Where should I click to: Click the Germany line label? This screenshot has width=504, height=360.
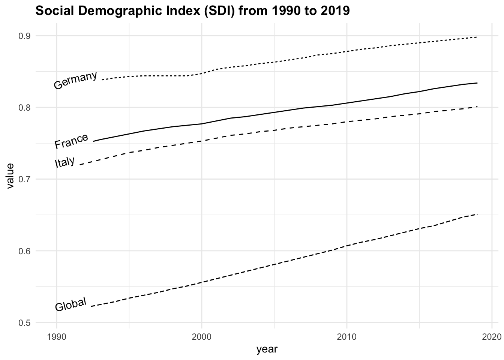[x=75, y=81]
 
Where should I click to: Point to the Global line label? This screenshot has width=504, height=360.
[x=71, y=304]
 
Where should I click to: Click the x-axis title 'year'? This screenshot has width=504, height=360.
[x=267, y=349]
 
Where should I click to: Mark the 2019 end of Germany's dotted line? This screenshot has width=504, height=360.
[x=477, y=37]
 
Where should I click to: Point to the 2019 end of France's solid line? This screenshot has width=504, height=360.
[x=477, y=83]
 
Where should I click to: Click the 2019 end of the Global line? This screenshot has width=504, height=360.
[x=477, y=214]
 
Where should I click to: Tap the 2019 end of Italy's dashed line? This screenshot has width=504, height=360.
[x=477, y=106]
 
